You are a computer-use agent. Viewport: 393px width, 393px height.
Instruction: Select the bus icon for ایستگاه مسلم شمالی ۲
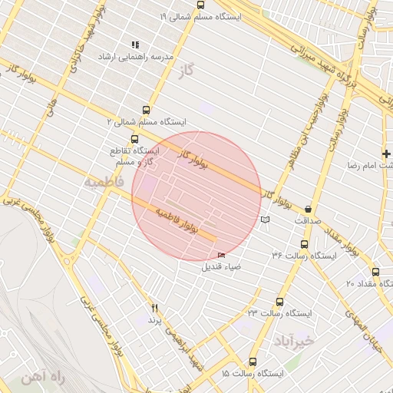[147, 109]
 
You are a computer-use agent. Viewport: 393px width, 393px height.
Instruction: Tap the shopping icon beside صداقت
[309, 208]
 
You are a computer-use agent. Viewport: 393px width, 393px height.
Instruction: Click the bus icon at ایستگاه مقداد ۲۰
[375, 272]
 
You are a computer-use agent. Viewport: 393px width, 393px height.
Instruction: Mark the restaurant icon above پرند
[154, 308]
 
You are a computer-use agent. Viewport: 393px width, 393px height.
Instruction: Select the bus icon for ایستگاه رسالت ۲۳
[279, 302]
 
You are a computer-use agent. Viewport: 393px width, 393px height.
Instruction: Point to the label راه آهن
[36, 378]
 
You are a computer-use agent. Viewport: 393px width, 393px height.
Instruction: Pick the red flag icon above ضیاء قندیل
[222, 256]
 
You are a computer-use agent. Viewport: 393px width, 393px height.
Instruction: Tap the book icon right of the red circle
[266, 220]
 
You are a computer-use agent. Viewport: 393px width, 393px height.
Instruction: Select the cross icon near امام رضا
[386, 154]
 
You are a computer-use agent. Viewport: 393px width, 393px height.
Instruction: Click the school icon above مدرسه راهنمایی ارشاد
[136, 45]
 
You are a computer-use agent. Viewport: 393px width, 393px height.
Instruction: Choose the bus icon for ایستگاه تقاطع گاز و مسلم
[135, 140]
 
